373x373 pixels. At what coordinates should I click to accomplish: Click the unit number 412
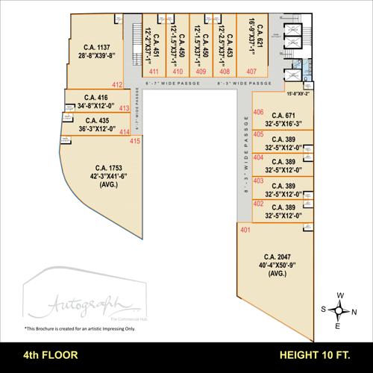117,84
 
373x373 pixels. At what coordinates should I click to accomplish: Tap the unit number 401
245,230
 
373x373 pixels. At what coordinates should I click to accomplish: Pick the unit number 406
258,113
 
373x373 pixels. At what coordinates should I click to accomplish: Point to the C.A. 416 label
95,97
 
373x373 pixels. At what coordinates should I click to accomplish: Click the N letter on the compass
353,310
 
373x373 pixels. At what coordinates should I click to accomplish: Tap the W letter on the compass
339,295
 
